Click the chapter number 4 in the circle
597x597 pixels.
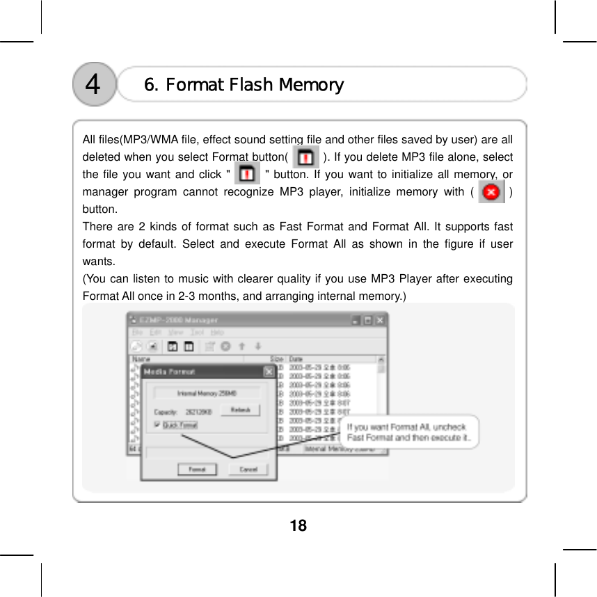93,85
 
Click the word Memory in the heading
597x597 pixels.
311,85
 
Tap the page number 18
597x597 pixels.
298,525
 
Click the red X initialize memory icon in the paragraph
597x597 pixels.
491,191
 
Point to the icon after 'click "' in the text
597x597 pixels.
247,174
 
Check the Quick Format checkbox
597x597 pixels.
157,424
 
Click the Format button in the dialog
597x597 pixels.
197,469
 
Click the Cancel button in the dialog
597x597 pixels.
248,469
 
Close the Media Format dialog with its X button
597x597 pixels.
269,372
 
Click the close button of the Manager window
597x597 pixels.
379,321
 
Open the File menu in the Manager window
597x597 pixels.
138,333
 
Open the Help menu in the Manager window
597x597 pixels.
217,333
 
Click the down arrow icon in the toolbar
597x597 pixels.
258,346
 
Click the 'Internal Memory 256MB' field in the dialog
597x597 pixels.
207,393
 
